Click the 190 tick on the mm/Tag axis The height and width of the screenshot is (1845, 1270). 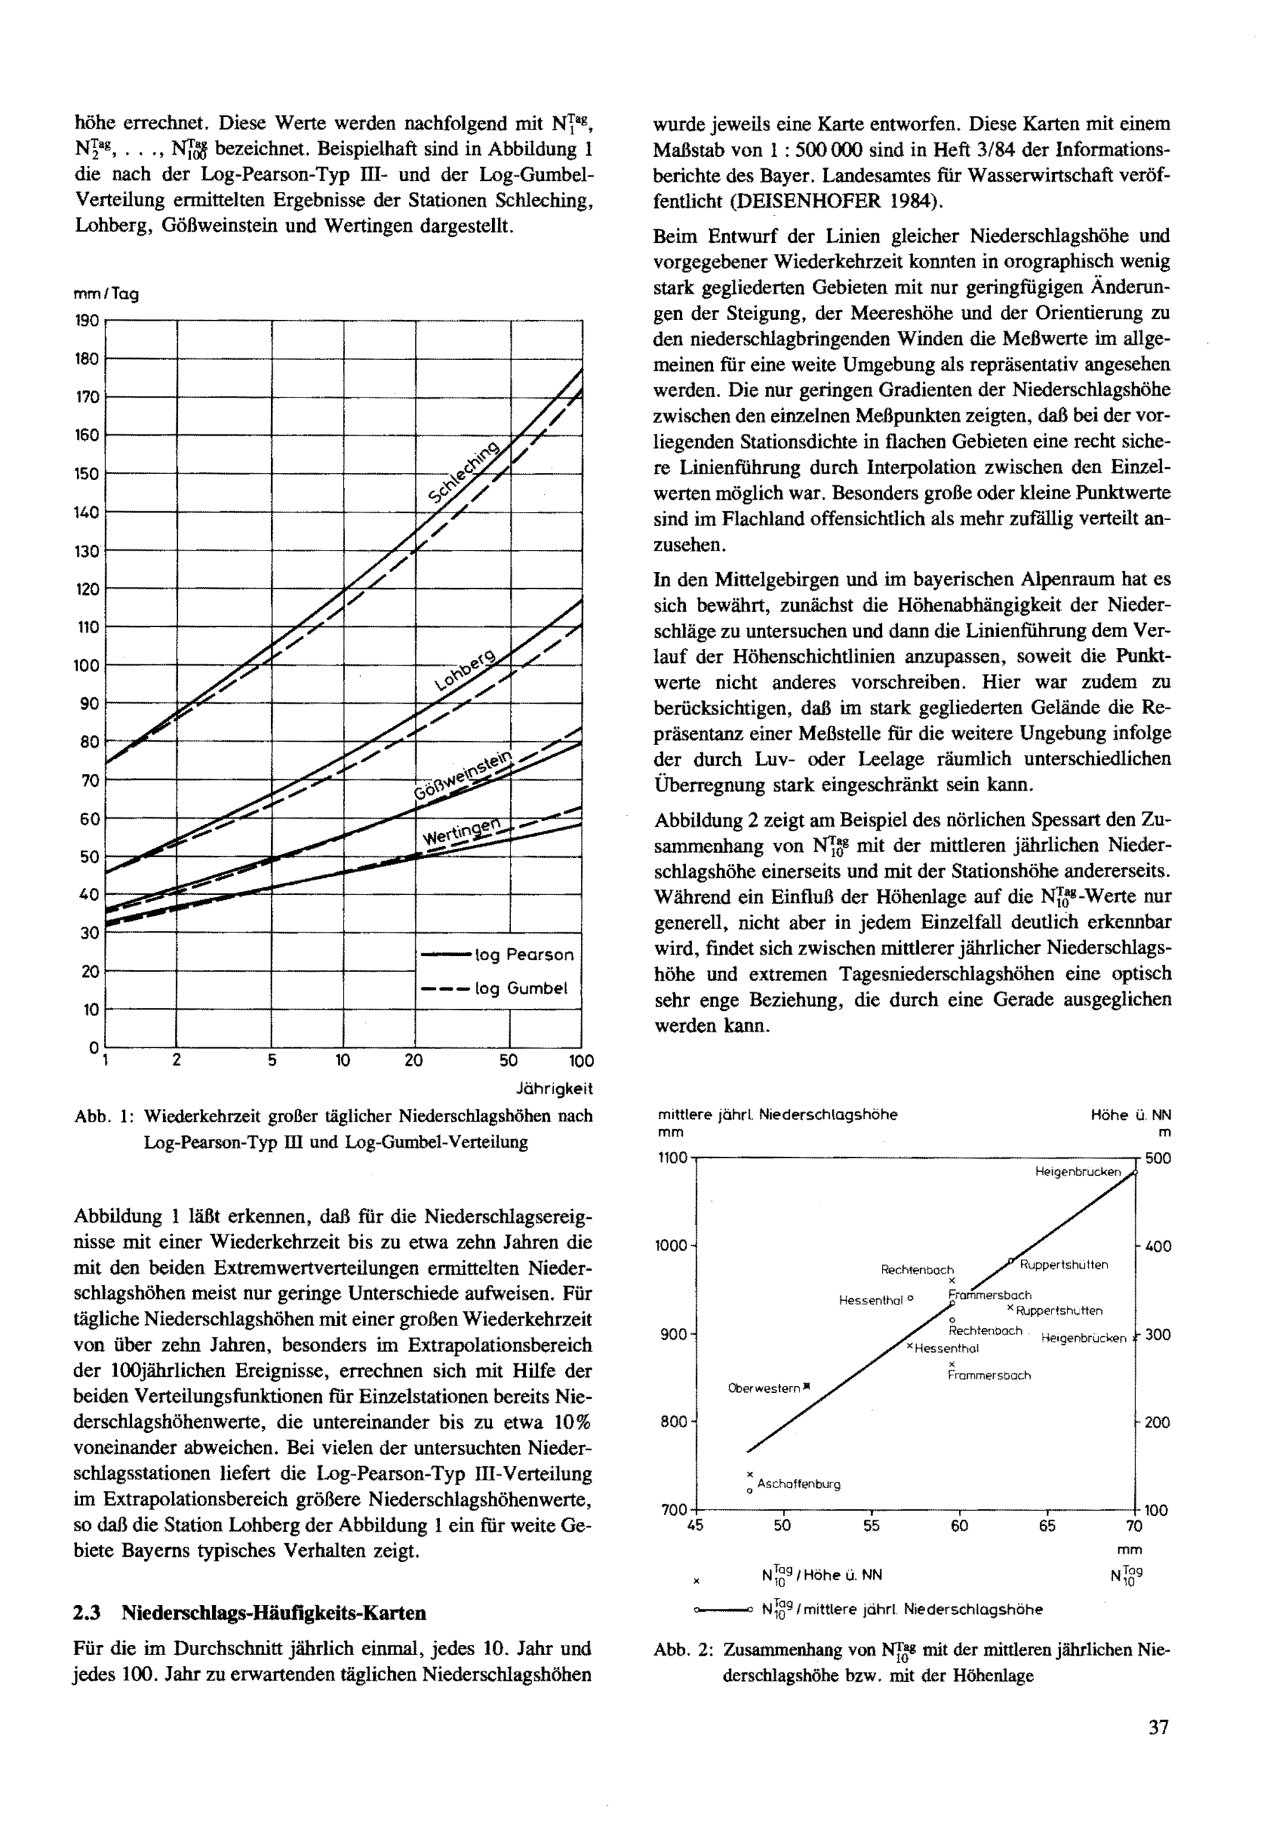87,321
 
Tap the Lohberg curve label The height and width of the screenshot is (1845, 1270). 465,669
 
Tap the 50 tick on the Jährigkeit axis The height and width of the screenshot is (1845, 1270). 509,1060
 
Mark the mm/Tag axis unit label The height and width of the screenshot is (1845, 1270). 106,293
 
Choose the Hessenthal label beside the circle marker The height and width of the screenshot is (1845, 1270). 871,1301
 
